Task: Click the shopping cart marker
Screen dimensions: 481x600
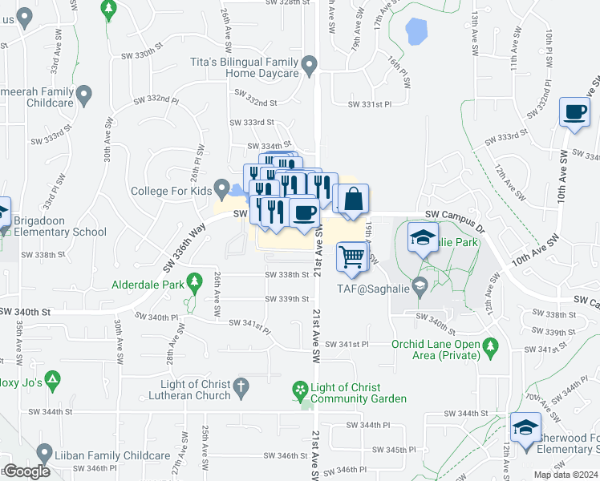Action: (350, 257)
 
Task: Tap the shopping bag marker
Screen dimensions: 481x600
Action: (351, 198)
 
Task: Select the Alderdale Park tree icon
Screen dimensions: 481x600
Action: (193, 281)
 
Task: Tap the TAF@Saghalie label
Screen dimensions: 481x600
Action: (379, 293)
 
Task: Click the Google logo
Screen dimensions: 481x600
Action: (26, 471)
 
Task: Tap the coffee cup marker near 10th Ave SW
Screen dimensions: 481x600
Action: (574, 113)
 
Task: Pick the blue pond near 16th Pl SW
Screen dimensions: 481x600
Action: (416, 31)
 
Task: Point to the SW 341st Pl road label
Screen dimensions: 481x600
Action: (347, 344)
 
